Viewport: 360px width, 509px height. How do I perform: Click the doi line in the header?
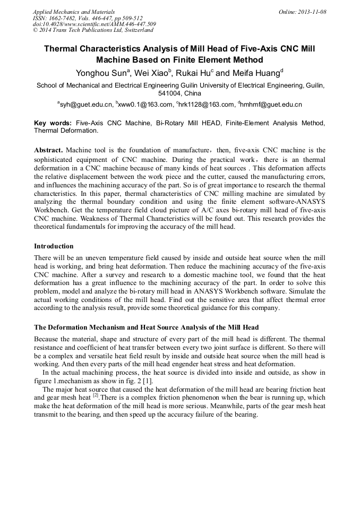(94, 24)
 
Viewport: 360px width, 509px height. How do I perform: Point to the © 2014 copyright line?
(93, 30)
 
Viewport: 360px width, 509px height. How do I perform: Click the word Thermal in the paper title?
(63, 49)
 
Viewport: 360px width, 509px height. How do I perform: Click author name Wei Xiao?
(152, 73)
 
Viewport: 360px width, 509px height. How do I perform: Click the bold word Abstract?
(49, 150)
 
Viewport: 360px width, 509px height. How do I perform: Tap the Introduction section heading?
(54, 246)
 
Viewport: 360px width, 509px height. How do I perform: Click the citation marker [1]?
(148, 380)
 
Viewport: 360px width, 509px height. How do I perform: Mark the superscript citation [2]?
(96, 395)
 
